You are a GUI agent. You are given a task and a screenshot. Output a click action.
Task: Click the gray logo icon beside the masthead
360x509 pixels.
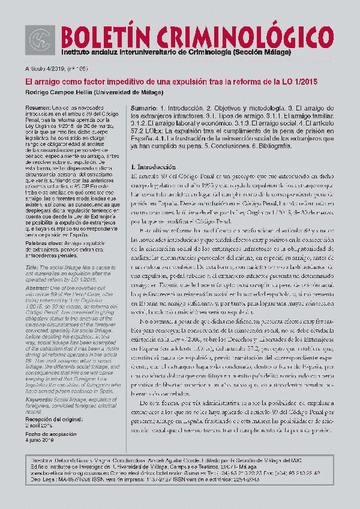[40, 39]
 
